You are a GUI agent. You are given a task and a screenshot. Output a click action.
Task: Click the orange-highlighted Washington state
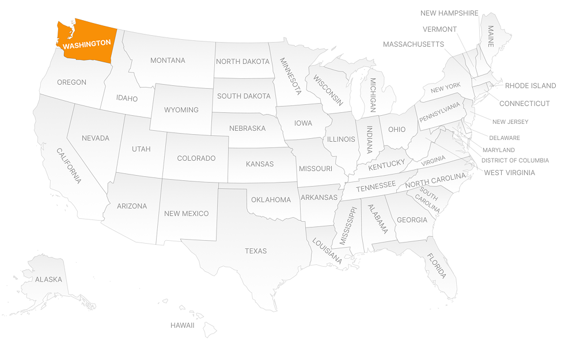(x=86, y=40)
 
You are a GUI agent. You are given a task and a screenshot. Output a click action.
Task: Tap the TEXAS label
(x=256, y=251)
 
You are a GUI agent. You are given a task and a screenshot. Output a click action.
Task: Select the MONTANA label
(x=168, y=60)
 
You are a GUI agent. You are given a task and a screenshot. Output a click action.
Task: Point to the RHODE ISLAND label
(x=530, y=86)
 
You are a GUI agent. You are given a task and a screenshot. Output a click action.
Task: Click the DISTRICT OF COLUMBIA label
(x=515, y=161)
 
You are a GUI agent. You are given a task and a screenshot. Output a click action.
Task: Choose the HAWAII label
(x=182, y=325)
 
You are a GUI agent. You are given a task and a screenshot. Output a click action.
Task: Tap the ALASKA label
(x=48, y=279)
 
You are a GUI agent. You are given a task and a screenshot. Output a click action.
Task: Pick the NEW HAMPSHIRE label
(x=449, y=13)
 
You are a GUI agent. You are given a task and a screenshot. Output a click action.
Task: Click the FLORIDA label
(x=436, y=266)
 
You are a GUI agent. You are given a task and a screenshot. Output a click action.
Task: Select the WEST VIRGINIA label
(x=509, y=173)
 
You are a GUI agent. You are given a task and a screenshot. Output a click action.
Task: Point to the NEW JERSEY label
(x=510, y=122)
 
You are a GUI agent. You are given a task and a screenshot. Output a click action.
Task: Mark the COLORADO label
(x=196, y=158)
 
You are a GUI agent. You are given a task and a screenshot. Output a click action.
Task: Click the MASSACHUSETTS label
(x=413, y=44)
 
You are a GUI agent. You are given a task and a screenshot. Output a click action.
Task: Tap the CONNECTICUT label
(x=524, y=104)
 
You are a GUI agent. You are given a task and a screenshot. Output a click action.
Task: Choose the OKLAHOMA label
(x=271, y=200)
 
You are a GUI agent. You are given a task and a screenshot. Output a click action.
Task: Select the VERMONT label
(x=439, y=29)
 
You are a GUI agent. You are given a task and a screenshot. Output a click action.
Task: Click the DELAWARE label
(x=504, y=138)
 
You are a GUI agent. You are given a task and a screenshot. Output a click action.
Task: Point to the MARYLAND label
(x=499, y=150)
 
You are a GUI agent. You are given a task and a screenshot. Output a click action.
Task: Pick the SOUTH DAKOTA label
(x=244, y=96)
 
